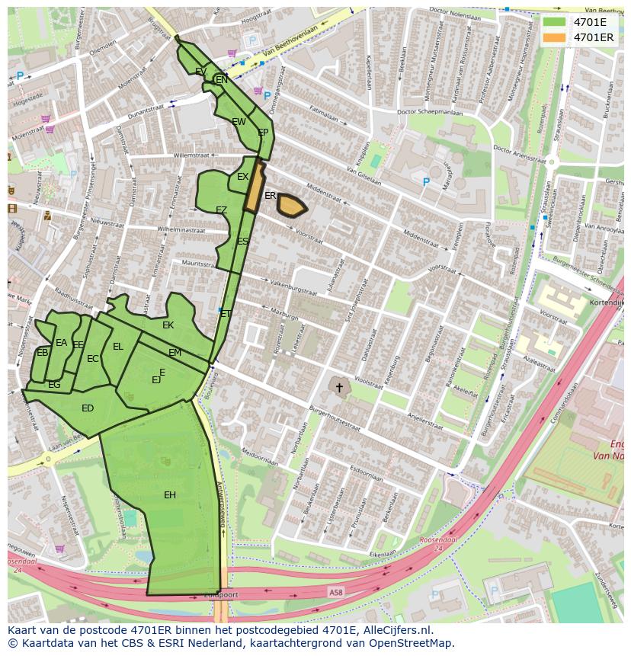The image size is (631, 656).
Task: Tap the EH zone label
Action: click(170, 495)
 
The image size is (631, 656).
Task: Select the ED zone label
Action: click(88, 408)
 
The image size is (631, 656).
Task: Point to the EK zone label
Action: click(168, 325)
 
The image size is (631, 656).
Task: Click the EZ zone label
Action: click(221, 210)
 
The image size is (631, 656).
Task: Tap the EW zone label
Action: click(239, 122)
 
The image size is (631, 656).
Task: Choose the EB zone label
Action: click(43, 353)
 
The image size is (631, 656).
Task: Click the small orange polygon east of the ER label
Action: click(292, 205)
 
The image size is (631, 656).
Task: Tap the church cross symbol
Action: click(339, 388)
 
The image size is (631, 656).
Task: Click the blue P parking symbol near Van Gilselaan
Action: click(426, 182)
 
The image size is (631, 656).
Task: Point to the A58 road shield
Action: click(336, 592)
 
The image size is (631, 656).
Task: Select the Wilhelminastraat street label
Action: click(181, 229)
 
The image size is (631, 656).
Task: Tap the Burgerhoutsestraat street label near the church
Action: click(335, 418)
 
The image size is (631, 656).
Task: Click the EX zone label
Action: click(242, 177)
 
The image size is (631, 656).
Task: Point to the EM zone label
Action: click(175, 353)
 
